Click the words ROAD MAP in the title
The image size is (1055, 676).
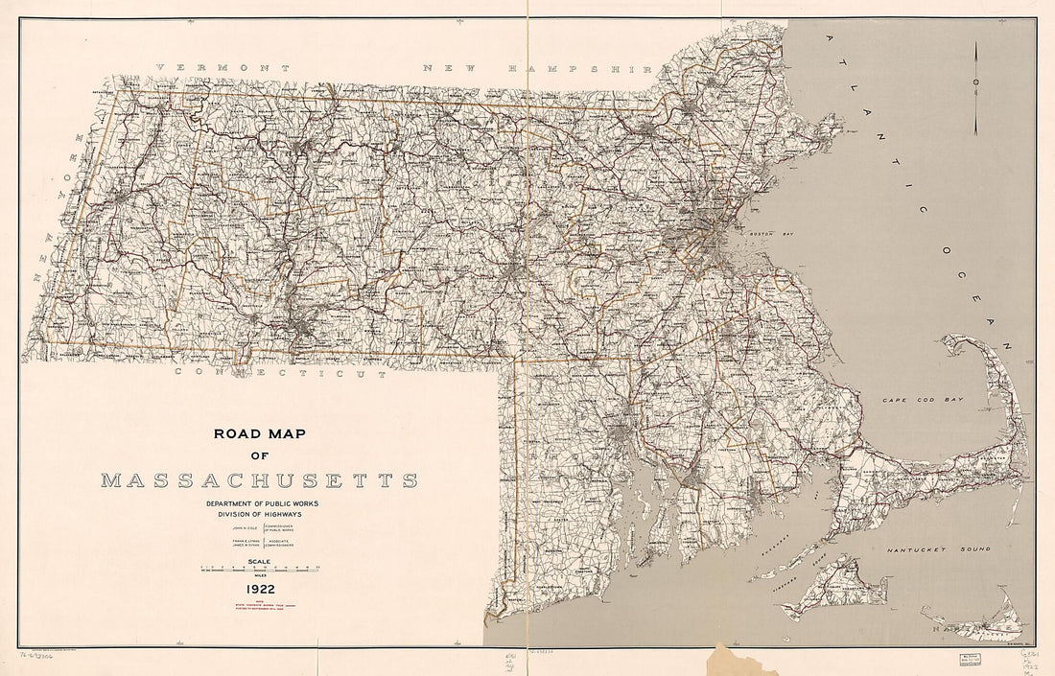pyautogui.click(x=258, y=433)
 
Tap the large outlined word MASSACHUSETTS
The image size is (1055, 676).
pyautogui.click(x=259, y=479)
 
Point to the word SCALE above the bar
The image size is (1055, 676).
pyautogui.click(x=259, y=561)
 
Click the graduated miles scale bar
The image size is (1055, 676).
pyautogui.click(x=259, y=570)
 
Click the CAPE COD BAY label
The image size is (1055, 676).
pyautogui.click(x=922, y=399)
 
